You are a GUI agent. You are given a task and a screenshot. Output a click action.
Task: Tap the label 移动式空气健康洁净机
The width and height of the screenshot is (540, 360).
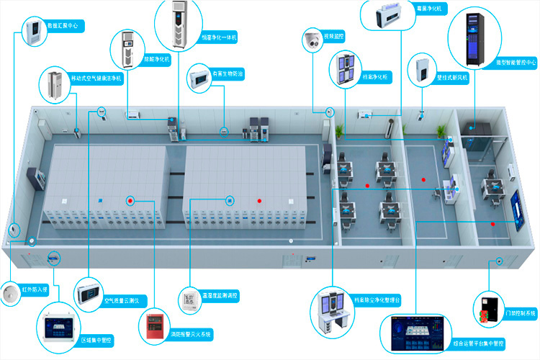[x=97, y=77]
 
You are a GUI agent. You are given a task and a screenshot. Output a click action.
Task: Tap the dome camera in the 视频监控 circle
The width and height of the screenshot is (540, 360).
[x=314, y=40]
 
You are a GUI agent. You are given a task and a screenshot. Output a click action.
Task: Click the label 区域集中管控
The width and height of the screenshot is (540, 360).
[x=96, y=339]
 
